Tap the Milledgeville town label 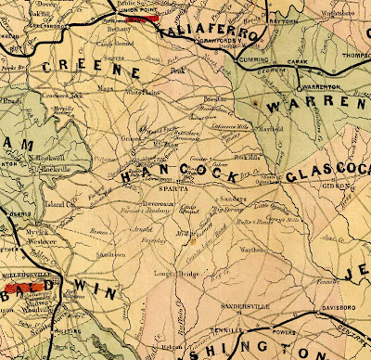pos(26,276)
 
